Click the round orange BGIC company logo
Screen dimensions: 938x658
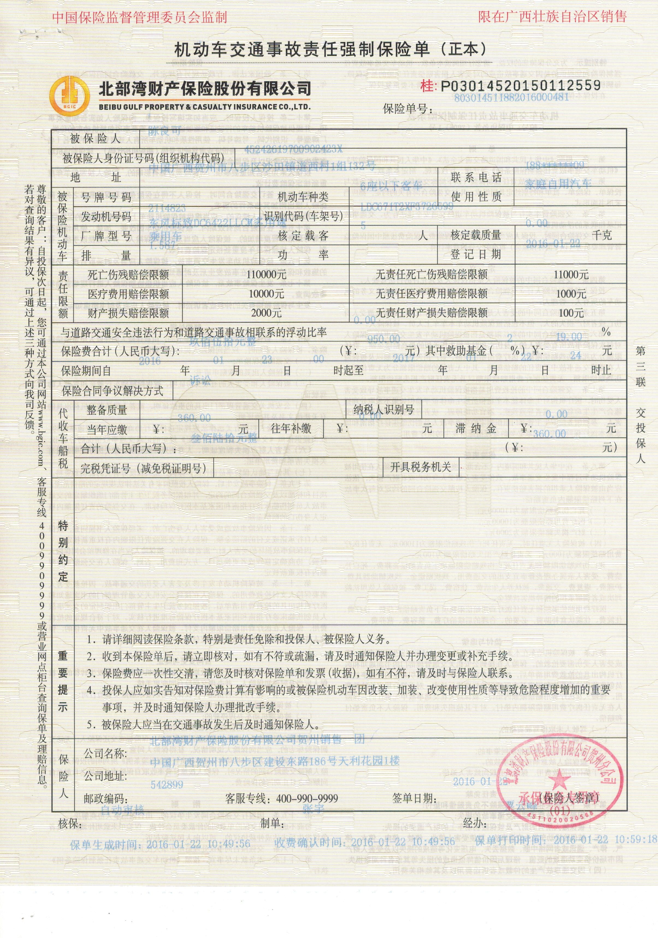tap(69, 96)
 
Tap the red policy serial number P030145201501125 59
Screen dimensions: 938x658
tap(519, 85)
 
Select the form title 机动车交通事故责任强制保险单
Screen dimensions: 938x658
tap(302, 50)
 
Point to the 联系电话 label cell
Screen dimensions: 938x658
tap(476, 177)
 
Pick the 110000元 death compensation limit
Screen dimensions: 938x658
tap(267, 275)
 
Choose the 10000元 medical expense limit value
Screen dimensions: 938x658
tap(267, 294)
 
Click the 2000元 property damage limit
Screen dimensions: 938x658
tap(267, 313)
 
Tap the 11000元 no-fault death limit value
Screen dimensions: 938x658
tap(571, 275)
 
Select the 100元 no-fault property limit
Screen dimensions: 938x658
tap(571, 313)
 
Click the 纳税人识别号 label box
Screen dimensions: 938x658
tap(384, 409)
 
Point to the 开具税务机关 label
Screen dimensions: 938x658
tap(421, 467)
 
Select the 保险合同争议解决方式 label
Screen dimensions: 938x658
tap(112, 391)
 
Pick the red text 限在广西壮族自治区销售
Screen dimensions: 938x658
tap(553, 16)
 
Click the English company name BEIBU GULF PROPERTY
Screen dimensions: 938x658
tap(204, 107)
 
